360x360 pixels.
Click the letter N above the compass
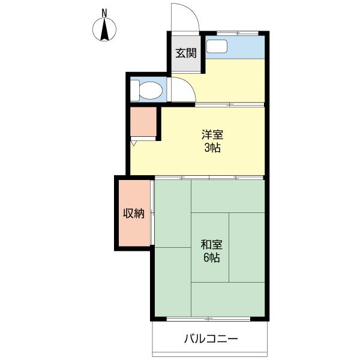pyautogui.click(x=104, y=13)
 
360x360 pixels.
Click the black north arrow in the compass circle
pyautogui.click(x=104, y=29)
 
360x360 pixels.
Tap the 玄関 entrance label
pyautogui.click(x=186, y=53)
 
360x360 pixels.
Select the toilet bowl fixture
pyautogui.click(x=151, y=90)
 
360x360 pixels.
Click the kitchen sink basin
pyautogui.click(x=217, y=46)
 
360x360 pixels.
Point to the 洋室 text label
pyautogui.click(x=212, y=134)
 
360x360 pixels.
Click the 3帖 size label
pyautogui.click(x=212, y=148)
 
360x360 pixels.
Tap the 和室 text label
pyautogui.click(x=211, y=244)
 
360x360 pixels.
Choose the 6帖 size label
pyautogui.click(x=211, y=257)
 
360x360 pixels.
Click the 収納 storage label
pyautogui.click(x=134, y=214)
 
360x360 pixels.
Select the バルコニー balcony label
pyautogui.click(x=211, y=338)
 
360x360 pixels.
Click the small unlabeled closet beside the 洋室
pyautogui.click(x=143, y=122)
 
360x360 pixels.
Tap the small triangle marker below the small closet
pyautogui.click(x=133, y=143)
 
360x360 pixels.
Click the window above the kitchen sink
pyautogui.click(x=238, y=33)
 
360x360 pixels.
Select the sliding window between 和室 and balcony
pyautogui.click(x=208, y=319)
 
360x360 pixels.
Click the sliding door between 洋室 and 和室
pyautogui.click(x=209, y=178)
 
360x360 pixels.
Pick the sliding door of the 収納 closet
pyautogui.click(x=152, y=213)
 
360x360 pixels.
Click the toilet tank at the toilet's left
pyautogui.click(x=135, y=90)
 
